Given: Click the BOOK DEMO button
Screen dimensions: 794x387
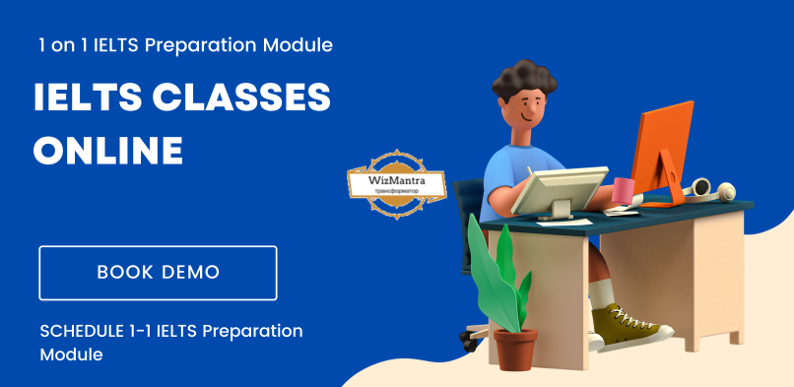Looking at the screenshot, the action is click(x=158, y=273).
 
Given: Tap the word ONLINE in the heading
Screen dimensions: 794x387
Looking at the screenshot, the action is click(x=108, y=150).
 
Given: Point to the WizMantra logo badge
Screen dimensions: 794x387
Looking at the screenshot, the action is click(x=396, y=184).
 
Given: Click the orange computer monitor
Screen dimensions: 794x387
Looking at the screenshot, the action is click(x=663, y=152).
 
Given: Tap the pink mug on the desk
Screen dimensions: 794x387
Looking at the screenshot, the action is click(x=623, y=191).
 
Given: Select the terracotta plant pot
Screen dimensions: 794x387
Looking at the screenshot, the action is click(x=515, y=349).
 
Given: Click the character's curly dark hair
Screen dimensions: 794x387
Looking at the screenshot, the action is click(x=524, y=80).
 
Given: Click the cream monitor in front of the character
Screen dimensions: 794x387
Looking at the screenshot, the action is click(x=560, y=191).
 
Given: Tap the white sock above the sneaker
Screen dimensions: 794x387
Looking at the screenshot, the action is click(x=602, y=293).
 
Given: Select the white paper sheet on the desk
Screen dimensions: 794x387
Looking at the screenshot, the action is click(x=564, y=223).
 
